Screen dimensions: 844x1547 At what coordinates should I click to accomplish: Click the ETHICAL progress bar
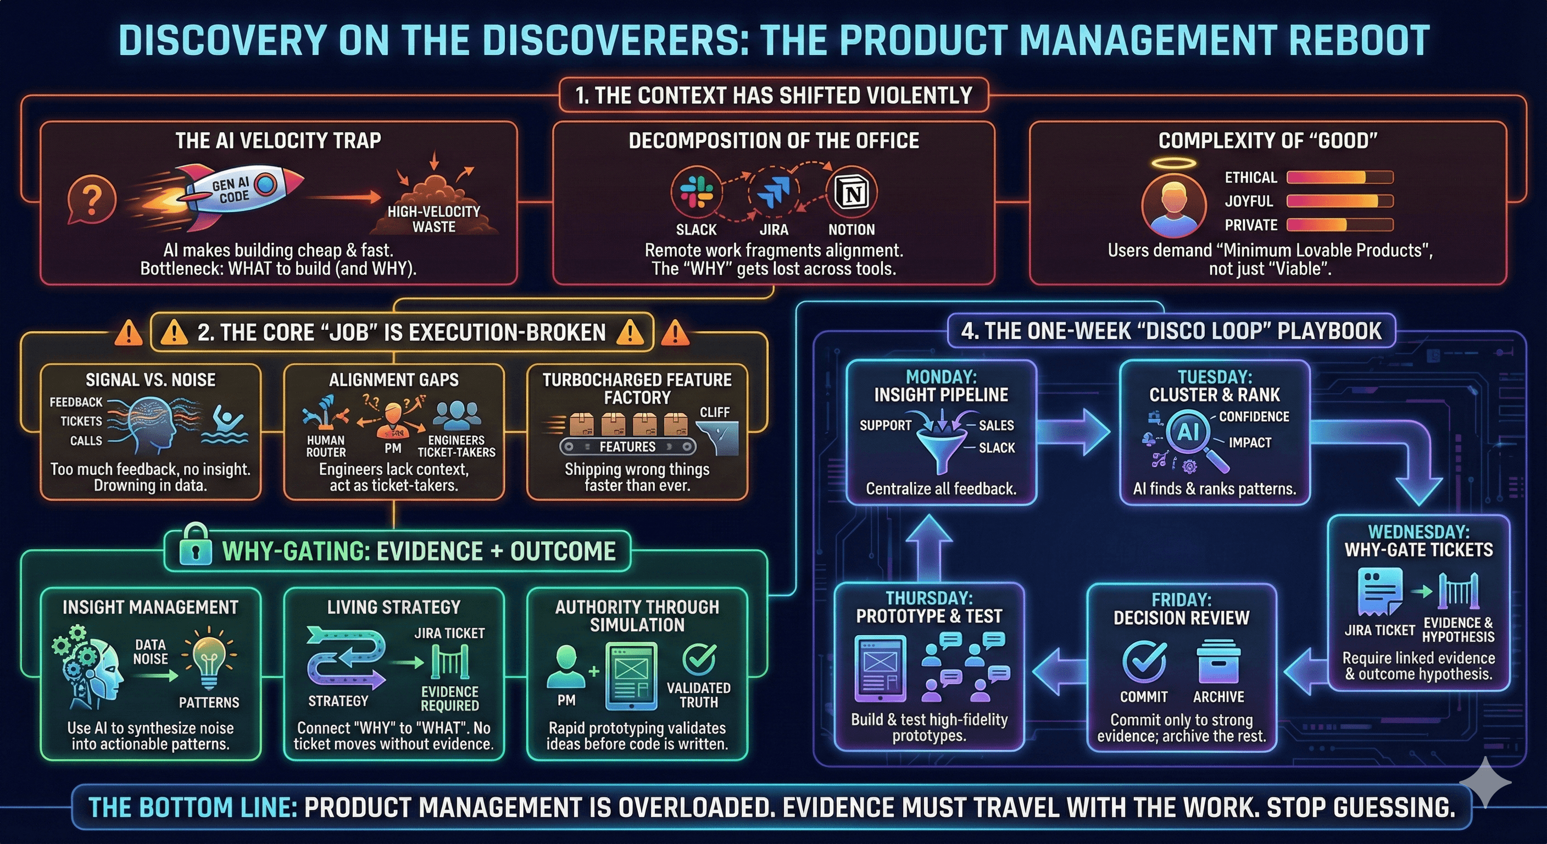pos(1339,177)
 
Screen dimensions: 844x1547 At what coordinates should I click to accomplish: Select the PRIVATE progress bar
pos(1339,225)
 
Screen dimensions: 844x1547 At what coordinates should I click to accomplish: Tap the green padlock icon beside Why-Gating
pos(195,546)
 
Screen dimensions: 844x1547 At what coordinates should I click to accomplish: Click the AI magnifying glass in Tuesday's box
pos(1192,436)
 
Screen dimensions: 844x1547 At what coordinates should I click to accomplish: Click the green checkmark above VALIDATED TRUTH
pos(699,659)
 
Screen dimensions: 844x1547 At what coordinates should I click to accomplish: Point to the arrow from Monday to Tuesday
pos(1075,431)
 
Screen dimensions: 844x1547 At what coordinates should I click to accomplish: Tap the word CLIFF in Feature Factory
pos(715,413)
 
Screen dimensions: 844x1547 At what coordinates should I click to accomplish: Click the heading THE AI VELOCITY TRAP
pos(278,141)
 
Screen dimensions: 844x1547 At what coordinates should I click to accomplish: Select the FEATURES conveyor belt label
pos(627,447)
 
